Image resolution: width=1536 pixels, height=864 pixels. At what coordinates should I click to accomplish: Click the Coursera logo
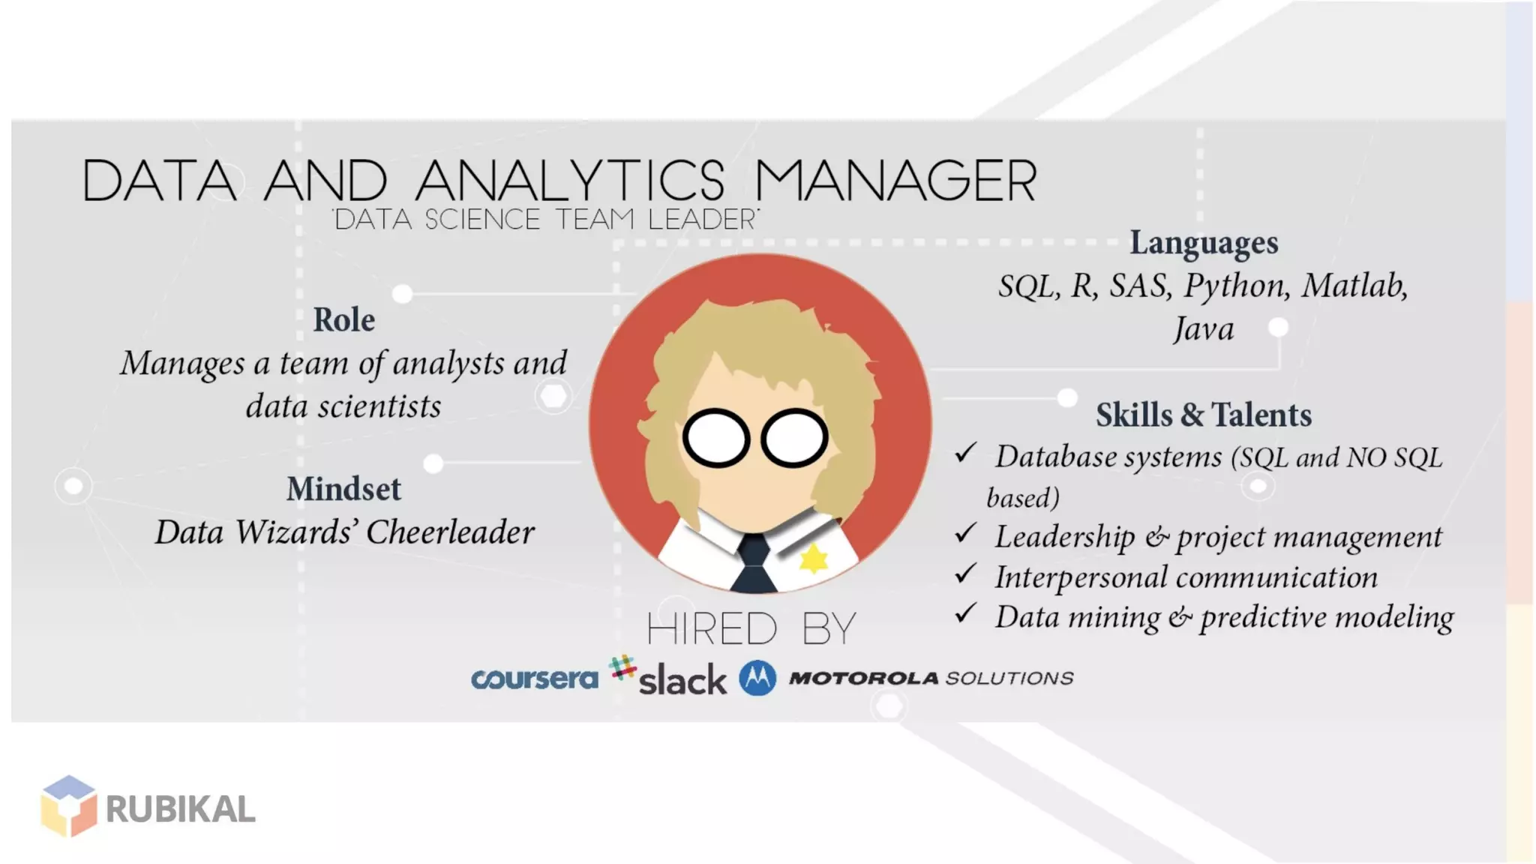(534, 679)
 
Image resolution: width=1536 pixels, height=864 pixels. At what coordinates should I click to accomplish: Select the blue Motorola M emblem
(757, 678)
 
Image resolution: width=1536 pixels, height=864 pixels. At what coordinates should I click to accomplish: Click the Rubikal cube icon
(69, 806)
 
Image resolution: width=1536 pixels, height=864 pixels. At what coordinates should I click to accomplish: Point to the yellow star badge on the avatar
(813, 559)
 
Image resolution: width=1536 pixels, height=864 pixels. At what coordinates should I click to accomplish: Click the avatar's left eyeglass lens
(715, 438)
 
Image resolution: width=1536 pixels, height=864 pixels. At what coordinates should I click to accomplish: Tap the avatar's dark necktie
(753, 563)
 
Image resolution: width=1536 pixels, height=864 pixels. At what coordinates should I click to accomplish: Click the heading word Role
(343, 320)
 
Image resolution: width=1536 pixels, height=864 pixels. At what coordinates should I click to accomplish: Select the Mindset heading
(343, 489)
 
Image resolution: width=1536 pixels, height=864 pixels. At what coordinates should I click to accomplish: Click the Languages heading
(1204, 243)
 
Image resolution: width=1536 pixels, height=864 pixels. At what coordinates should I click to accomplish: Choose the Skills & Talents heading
(1203, 415)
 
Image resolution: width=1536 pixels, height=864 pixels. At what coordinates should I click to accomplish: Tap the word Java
(1203, 329)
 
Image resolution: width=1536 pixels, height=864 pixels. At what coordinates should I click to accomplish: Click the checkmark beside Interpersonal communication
(965, 574)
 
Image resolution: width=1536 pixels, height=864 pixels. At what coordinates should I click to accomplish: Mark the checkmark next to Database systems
(965, 452)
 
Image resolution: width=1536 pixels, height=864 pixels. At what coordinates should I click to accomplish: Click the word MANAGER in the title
(895, 181)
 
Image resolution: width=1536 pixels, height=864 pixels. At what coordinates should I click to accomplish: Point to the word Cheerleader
(450, 532)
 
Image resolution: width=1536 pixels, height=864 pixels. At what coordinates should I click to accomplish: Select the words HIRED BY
(751, 628)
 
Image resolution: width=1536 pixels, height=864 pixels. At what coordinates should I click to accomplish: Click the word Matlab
(1354, 286)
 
